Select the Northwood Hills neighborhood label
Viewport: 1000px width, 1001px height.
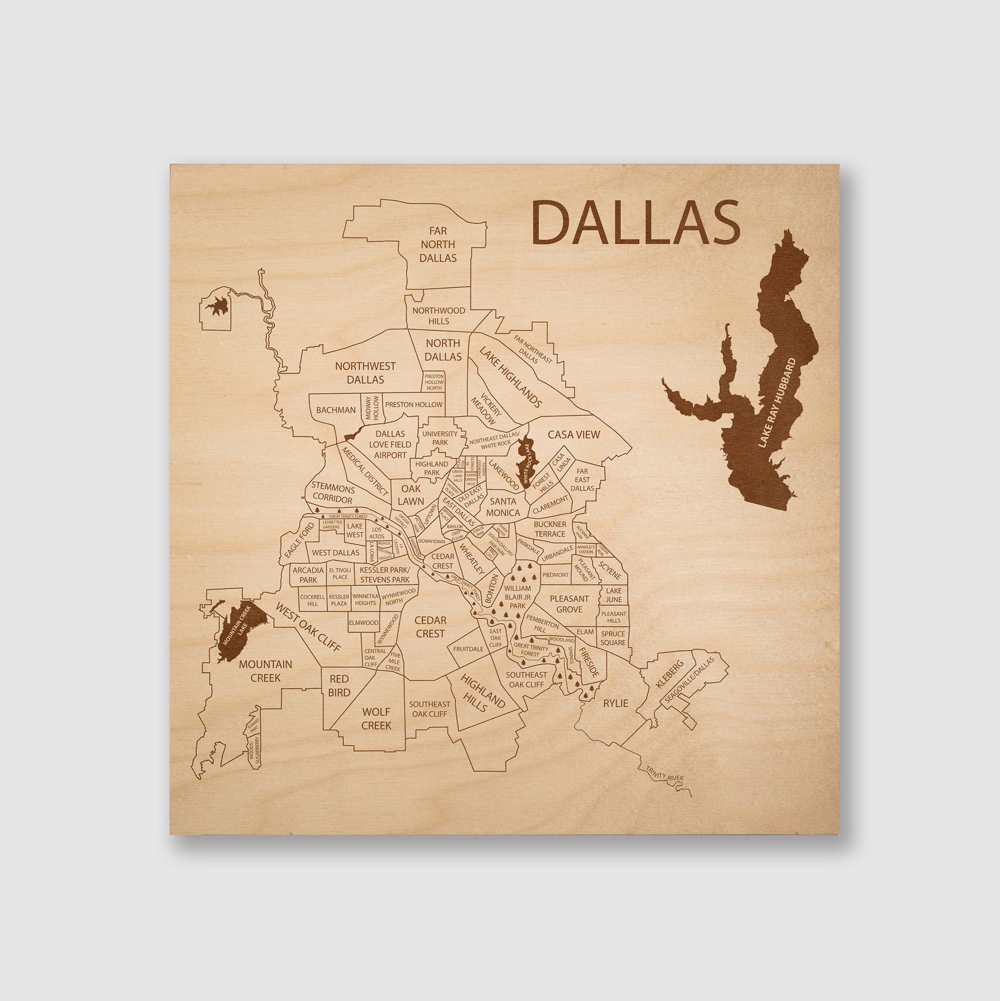tap(439, 316)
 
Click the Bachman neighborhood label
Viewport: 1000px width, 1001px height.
tap(336, 410)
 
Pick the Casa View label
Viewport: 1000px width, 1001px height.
tap(573, 435)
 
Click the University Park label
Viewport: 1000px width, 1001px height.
tap(440, 438)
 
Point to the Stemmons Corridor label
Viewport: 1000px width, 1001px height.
tap(332, 494)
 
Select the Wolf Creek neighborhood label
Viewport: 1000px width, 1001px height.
tap(376, 718)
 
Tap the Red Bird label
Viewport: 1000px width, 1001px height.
tap(339, 685)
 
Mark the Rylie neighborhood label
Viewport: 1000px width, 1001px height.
tap(615, 703)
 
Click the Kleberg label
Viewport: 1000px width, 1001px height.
tap(669, 674)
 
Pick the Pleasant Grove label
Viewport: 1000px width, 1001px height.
tap(569, 603)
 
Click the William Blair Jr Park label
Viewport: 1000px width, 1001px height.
tap(517, 597)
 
